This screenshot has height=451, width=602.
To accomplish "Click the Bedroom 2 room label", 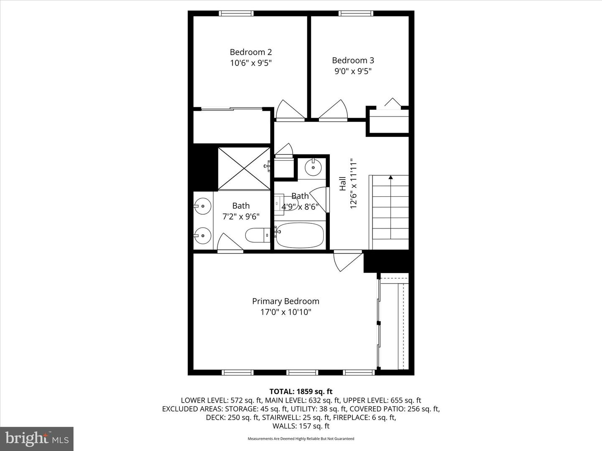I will [x=250, y=52].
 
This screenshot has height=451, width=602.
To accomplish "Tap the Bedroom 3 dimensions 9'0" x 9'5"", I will [x=353, y=71].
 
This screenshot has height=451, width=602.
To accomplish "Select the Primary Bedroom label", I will [x=286, y=301].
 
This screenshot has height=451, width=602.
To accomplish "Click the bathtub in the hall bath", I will [x=300, y=235].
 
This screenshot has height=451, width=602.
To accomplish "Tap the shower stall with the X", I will [x=244, y=168].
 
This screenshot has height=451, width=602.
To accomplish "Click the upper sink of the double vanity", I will [x=203, y=205].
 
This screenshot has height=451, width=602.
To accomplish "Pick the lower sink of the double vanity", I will [x=203, y=236].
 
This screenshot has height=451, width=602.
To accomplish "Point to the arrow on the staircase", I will [x=390, y=177].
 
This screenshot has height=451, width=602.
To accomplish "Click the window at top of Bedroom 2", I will [x=237, y=13].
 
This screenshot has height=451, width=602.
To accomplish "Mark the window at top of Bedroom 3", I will [x=356, y=13].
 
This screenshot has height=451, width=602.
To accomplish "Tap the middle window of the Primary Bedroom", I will [x=302, y=372].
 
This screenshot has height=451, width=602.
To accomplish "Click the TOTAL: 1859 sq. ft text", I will [x=301, y=391].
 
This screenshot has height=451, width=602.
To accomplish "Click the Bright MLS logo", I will [x=37, y=438].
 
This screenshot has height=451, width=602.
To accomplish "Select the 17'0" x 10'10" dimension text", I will [x=286, y=312].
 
